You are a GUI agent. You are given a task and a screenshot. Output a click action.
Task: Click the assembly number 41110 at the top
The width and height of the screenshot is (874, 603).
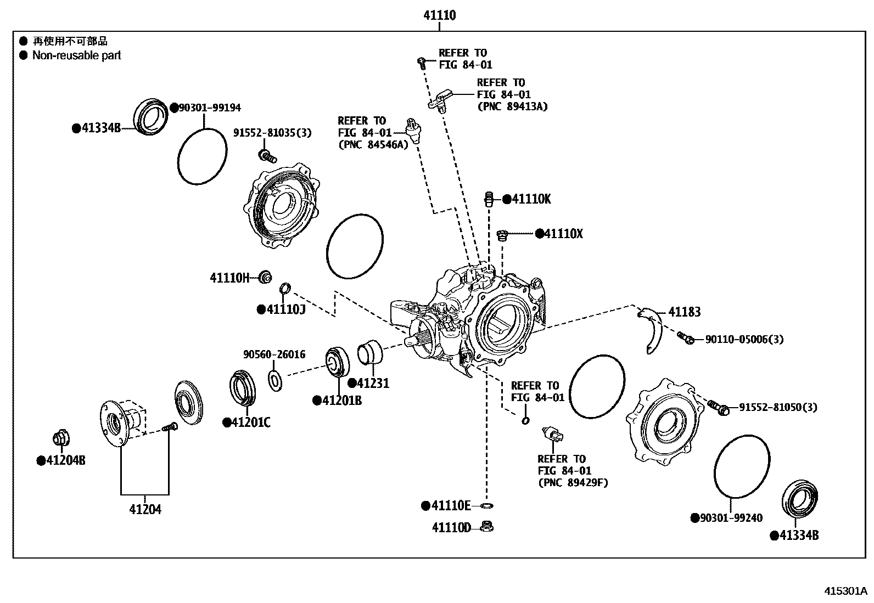pos(439,15)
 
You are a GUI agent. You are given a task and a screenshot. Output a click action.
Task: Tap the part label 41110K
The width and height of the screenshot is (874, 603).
pos(531,199)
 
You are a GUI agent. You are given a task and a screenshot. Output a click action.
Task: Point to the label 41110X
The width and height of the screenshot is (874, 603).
pos(563,234)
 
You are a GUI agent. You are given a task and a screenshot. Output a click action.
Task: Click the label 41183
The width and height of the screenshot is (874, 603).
pos(684,312)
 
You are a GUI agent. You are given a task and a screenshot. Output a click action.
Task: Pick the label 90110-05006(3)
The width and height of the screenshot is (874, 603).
pos(744,340)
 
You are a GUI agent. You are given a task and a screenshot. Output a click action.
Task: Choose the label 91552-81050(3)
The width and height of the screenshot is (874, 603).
pos(777,408)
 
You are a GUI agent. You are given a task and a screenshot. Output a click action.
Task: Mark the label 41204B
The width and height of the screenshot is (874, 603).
pos(65,460)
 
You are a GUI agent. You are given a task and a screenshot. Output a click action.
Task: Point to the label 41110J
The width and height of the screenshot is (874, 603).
pos(285,309)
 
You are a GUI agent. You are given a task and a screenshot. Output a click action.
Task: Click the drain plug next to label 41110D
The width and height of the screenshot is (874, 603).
pos(485,527)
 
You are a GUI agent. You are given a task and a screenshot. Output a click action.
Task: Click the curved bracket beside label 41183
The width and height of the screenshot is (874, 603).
pos(651,332)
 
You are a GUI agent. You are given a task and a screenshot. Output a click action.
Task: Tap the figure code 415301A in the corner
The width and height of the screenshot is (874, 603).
pos(845,591)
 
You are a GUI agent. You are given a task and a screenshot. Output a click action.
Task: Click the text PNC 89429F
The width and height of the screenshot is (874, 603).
pos(573,483)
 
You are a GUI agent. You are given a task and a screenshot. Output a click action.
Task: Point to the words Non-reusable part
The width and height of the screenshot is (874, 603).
pos(76,55)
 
